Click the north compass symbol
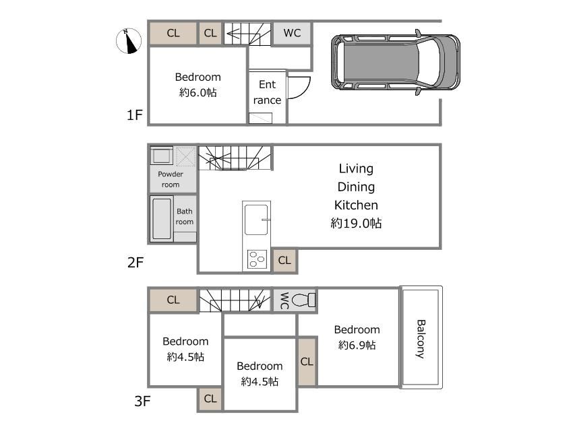[x=129, y=40]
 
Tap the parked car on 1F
[x=396, y=63]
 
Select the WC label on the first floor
[x=292, y=33]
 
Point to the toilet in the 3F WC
[x=303, y=300]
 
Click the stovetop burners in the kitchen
[x=257, y=259]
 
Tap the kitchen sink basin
[x=256, y=220]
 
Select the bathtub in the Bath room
[x=162, y=219]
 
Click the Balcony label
[x=421, y=339]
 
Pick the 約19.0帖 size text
[x=356, y=223]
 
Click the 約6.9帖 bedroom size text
[x=357, y=345]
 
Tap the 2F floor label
[x=135, y=263]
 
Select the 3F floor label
[x=142, y=401]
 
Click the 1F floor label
[x=134, y=115]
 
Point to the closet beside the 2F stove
[x=284, y=260]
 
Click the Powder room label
[x=171, y=179]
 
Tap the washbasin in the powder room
[x=161, y=156]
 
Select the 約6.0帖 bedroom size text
[x=198, y=92]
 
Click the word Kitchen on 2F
[x=356, y=205]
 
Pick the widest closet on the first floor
[x=173, y=33]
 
